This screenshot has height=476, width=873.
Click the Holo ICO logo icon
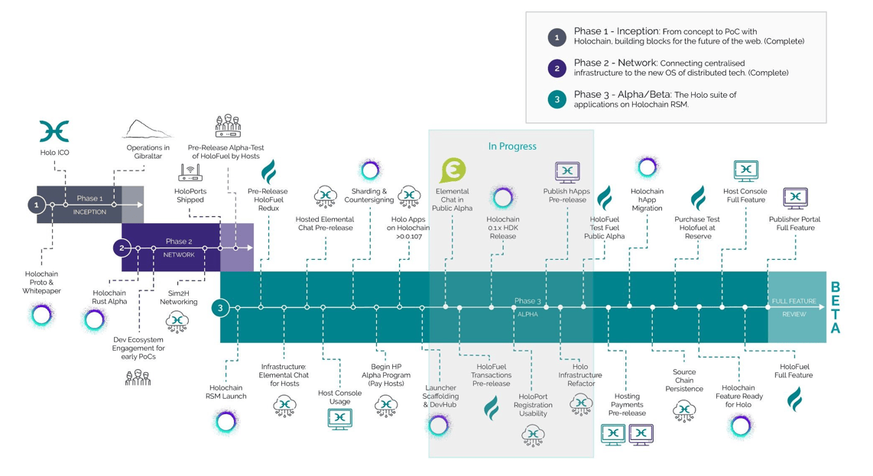(x=54, y=131)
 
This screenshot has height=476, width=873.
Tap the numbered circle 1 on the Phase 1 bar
(x=37, y=205)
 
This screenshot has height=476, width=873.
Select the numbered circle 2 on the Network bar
(x=122, y=248)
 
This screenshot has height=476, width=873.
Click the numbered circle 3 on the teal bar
(x=220, y=307)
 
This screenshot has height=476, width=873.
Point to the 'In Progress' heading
(x=512, y=147)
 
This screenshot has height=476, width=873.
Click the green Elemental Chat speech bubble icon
(x=453, y=170)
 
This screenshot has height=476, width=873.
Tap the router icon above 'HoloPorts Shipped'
(x=190, y=173)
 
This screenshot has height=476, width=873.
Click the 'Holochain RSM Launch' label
(x=226, y=392)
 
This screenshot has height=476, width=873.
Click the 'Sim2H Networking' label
(x=179, y=297)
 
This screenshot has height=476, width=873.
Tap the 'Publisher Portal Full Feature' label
(x=794, y=223)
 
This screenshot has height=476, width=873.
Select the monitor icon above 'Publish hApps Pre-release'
(x=567, y=172)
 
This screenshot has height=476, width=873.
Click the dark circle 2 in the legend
(x=557, y=69)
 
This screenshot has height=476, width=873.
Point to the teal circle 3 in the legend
(x=557, y=99)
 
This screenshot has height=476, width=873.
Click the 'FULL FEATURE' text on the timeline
(x=794, y=301)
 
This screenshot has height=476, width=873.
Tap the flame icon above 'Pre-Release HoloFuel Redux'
(x=269, y=171)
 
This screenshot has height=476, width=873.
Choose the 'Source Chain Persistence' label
(x=684, y=380)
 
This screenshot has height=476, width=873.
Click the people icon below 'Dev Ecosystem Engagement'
(x=138, y=378)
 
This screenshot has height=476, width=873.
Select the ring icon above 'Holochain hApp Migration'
(x=647, y=167)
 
